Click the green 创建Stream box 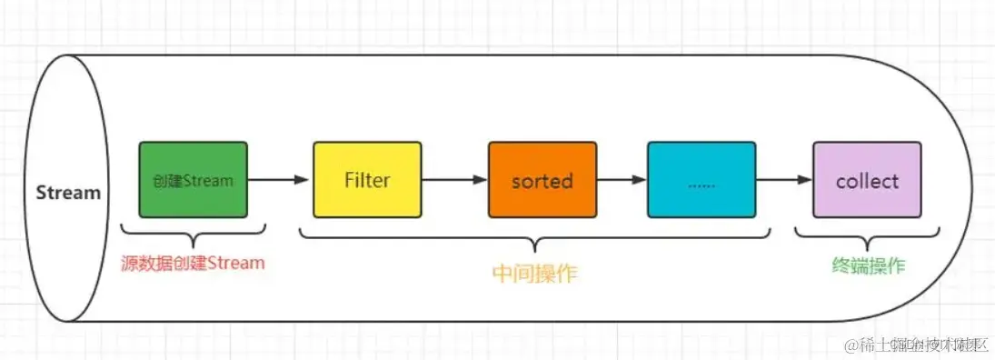[193, 179]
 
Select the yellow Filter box [367, 179]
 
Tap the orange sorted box [542, 179]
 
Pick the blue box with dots [701, 179]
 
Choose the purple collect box [867, 179]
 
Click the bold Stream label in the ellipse [68, 193]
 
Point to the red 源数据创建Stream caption [193, 264]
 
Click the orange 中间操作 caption [535, 274]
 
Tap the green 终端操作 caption [868, 265]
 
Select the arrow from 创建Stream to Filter [279, 180]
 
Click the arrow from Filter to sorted [454, 180]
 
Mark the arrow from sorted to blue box [622, 180]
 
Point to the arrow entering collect [784, 180]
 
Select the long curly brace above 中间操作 [535, 241]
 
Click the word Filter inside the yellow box [367, 179]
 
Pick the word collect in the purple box [867, 180]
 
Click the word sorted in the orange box [542, 180]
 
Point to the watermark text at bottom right [916, 345]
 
